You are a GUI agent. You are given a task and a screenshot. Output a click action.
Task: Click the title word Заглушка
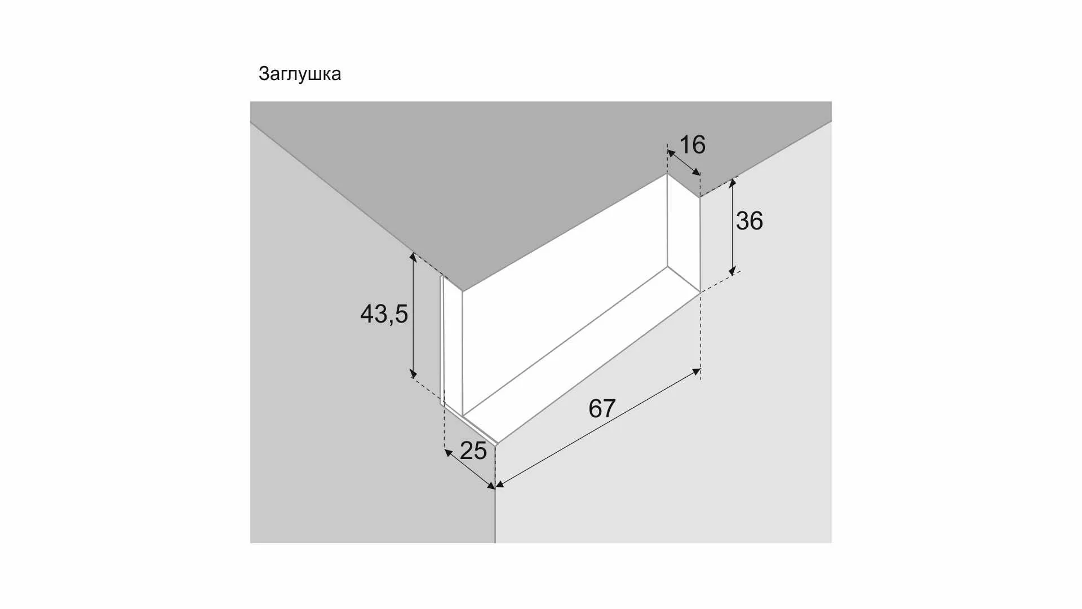300,74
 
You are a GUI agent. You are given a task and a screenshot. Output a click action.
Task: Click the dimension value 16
693,145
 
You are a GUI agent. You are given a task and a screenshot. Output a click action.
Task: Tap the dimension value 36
750,220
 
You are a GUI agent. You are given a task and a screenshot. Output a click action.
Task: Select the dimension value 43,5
384,314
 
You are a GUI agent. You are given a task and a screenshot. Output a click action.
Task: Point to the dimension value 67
602,408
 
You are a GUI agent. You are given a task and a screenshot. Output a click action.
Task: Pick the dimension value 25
473,451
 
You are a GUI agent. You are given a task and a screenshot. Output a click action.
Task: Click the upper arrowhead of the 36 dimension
733,183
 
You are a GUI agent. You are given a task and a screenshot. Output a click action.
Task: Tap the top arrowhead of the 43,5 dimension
413,257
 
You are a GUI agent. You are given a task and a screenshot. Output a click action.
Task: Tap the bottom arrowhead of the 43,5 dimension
413,373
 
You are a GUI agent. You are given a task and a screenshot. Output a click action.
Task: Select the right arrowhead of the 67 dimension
696,372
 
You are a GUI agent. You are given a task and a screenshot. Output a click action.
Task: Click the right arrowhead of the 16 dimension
697,171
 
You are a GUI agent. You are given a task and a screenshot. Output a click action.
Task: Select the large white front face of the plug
564,293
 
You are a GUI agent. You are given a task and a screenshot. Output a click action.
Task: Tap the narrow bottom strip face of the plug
580,355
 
